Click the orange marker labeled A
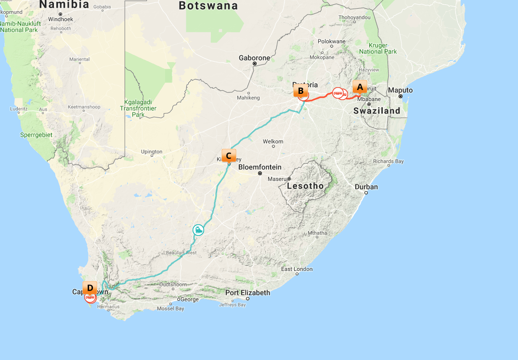[359, 87]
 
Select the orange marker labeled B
[300, 90]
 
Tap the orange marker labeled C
[229, 155]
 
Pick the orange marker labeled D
[90, 288]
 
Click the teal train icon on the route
[198, 230]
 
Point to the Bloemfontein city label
[259, 167]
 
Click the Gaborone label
[255, 58]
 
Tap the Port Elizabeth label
[247, 293]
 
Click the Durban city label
[366, 187]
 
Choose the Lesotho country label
[305, 186]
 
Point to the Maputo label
[401, 90]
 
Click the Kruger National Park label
[378, 49]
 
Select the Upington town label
[152, 152]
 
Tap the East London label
[297, 269]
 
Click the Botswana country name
[208, 6]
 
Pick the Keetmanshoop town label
[85, 106]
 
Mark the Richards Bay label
[388, 161]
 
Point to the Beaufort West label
[181, 253]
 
